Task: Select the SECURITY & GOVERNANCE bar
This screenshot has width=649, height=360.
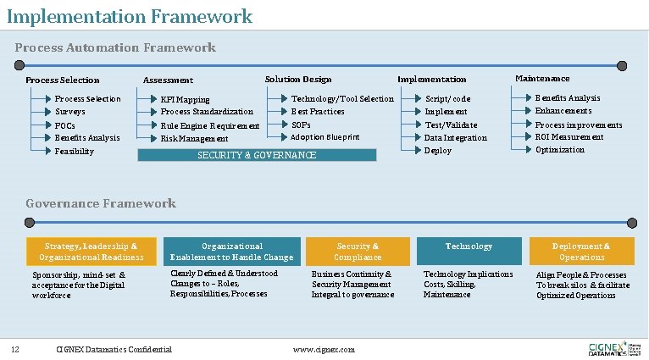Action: (x=257, y=155)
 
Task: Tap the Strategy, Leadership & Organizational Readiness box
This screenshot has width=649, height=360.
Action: (x=92, y=252)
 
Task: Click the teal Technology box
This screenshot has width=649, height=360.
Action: (x=469, y=251)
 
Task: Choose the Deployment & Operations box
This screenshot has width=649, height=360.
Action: (x=581, y=252)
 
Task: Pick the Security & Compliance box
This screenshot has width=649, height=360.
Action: (x=358, y=252)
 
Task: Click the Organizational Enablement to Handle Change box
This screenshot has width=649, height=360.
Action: (x=231, y=252)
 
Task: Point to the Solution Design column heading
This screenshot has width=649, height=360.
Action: (x=298, y=79)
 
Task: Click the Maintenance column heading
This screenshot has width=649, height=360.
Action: (x=542, y=78)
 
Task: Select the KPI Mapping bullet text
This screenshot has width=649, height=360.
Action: (x=186, y=99)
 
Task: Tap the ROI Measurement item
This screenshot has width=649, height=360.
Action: (x=569, y=136)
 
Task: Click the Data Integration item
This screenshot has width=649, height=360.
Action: (x=456, y=137)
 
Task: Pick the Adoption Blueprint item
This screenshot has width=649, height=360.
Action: (x=325, y=136)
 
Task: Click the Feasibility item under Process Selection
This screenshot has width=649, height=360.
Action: (x=75, y=151)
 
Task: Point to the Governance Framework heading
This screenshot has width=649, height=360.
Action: (x=101, y=203)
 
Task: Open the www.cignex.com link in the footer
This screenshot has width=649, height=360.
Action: (x=324, y=349)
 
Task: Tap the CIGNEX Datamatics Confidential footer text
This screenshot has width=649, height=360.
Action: (x=114, y=349)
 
